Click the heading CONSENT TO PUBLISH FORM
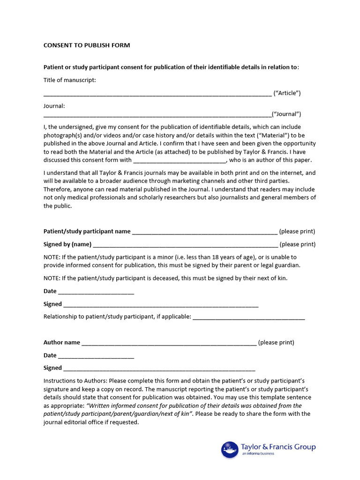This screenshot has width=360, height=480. (x=87, y=45)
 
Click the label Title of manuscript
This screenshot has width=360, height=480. (x=69, y=80)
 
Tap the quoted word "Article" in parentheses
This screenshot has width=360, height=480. (x=287, y=93)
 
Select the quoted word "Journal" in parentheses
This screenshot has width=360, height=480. (x=286, y=114)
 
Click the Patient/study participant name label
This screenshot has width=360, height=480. (x=87, y=231)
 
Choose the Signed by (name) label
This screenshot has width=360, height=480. (x=67, y=244)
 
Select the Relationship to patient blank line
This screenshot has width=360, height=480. (x=248, y=317)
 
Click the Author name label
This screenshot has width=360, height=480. (x=61, y=342)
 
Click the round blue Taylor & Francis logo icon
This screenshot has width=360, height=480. (x=230, y=450)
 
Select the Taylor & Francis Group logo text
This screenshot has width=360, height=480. (x=278, y=447)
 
